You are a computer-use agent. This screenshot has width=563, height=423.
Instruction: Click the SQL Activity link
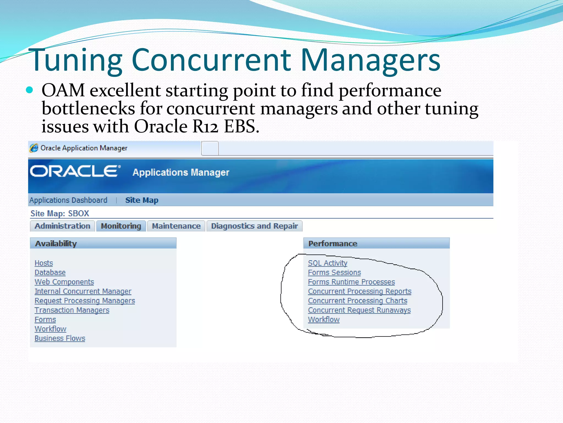(327, 263)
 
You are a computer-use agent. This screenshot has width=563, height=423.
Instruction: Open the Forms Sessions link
(334, 272)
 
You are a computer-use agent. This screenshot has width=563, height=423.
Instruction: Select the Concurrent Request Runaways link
(359, 310)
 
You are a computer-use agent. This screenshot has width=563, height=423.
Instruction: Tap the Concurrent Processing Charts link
(357, 301)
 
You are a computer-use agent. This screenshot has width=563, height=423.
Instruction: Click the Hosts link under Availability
(44, 263)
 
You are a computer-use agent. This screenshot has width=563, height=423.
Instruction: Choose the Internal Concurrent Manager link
(83, 291)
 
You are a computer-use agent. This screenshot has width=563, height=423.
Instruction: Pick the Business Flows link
(60, 338)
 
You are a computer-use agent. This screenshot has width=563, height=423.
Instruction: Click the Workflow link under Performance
(324, 319)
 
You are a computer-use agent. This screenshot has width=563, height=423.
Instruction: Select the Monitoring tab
(121, 226)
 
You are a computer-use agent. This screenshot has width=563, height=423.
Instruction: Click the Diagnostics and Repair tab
(254, 226)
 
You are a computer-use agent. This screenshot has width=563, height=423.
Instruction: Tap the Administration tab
(62, 226)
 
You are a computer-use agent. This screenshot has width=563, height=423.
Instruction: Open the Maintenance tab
(176, 226)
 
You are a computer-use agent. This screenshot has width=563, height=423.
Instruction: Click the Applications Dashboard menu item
(68, 200)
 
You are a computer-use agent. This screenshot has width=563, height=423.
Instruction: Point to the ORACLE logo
(75, 171)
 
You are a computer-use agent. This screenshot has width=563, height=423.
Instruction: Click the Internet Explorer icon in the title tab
(34, 148)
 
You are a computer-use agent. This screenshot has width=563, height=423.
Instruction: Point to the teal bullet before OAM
(29, 90)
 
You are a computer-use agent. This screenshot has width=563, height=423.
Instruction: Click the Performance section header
(333, 243)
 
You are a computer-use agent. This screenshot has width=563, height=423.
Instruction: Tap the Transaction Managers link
(72, 310)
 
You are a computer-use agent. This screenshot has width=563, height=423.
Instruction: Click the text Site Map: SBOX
(60, 213)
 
